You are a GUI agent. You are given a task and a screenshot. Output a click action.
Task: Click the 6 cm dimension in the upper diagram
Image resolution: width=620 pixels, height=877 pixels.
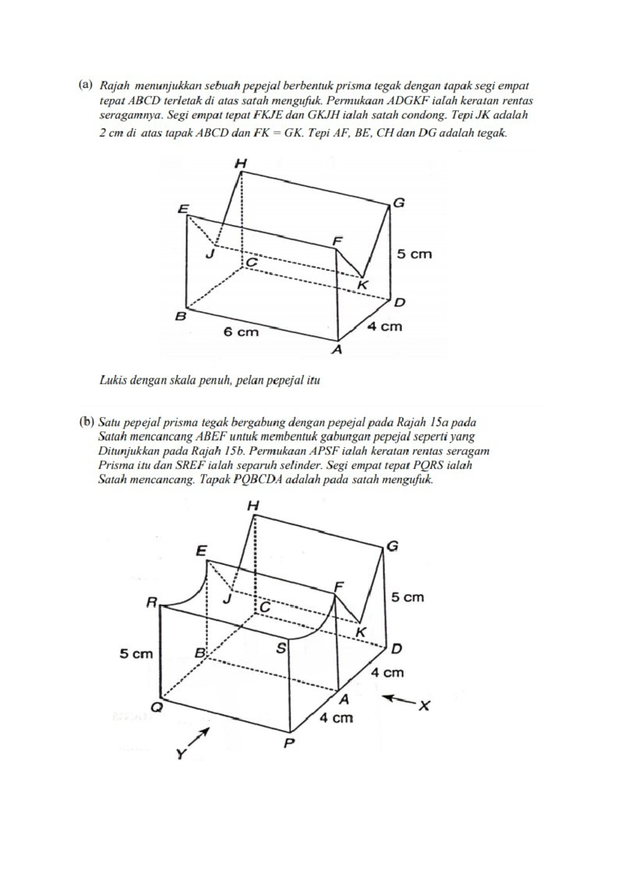click(x=240, y=331)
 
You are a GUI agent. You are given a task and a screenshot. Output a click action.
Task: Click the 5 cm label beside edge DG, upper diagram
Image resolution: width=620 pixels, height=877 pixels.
click(x=414, y=254)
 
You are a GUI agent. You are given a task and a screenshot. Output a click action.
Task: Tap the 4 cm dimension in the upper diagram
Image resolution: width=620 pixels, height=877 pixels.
click(x=384, y=326)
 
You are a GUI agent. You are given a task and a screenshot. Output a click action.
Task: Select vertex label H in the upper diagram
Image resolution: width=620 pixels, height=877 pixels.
click(x=241, y=163)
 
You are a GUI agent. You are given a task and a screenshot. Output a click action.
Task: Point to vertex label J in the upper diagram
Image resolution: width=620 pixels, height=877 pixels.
click(x=210, y=254)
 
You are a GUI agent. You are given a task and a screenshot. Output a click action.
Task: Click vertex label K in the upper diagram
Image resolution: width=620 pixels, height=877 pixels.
click(x=363, y=284)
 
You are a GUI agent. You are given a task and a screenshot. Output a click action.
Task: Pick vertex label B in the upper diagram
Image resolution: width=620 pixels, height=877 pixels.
click(x=180, y=316)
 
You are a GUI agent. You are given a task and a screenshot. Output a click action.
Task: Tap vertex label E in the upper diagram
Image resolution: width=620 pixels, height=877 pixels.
click(x=183, y=209)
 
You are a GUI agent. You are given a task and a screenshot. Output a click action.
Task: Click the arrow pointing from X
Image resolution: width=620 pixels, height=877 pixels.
click(x=399, y=700)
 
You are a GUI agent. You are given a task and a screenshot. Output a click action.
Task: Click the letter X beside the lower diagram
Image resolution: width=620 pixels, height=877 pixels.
click(x=424, y=705)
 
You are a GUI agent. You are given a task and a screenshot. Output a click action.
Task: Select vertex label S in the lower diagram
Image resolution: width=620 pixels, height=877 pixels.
click(x=281, y=648)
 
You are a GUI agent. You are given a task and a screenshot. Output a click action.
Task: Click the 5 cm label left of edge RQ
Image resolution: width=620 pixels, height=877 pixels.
click(x=136, y=654)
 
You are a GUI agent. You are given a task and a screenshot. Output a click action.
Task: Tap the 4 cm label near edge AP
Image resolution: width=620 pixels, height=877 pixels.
click(x=336, y=718)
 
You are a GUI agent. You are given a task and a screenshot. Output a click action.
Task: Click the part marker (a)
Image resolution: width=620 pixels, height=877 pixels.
click(x=86, y=84)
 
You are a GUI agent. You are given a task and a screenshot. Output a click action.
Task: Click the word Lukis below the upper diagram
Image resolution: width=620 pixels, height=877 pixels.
click(x=112, y=381)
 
